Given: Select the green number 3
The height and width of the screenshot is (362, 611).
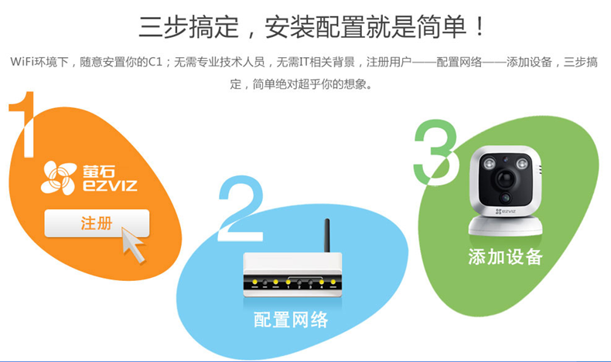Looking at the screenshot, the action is [435, 152].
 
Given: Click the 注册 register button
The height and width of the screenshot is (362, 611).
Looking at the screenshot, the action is [97, 223].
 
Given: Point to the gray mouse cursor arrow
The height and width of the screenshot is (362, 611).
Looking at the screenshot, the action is [133, 245].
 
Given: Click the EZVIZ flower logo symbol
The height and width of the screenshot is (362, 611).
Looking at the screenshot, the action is [59, 178].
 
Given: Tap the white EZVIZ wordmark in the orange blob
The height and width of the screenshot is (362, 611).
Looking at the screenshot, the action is [110, 185].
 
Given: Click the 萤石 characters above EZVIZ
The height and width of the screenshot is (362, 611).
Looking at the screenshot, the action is [98, 171].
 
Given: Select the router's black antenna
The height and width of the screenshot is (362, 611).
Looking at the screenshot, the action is [327, 235].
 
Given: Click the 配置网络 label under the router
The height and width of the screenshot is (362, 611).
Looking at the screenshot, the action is [291, 320].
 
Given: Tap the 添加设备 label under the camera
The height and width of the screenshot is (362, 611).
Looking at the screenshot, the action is [505, 257].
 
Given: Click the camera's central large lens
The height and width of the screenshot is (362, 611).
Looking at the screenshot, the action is [505, 178].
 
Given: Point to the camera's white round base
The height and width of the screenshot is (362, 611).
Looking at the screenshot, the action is [505, 225].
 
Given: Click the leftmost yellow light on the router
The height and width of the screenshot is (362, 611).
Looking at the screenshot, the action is [255, 282].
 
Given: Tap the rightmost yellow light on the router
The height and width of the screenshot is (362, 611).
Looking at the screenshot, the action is [333, 282].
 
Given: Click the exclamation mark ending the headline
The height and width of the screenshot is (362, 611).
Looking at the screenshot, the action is [480, 27].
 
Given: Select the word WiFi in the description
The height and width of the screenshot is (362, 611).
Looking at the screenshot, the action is [22, 62].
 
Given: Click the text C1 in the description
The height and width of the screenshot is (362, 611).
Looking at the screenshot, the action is [155, 62].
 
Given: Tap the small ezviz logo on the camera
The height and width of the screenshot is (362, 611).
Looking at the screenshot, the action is [505, 211].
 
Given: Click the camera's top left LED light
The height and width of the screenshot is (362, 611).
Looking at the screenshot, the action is [489, 164].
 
